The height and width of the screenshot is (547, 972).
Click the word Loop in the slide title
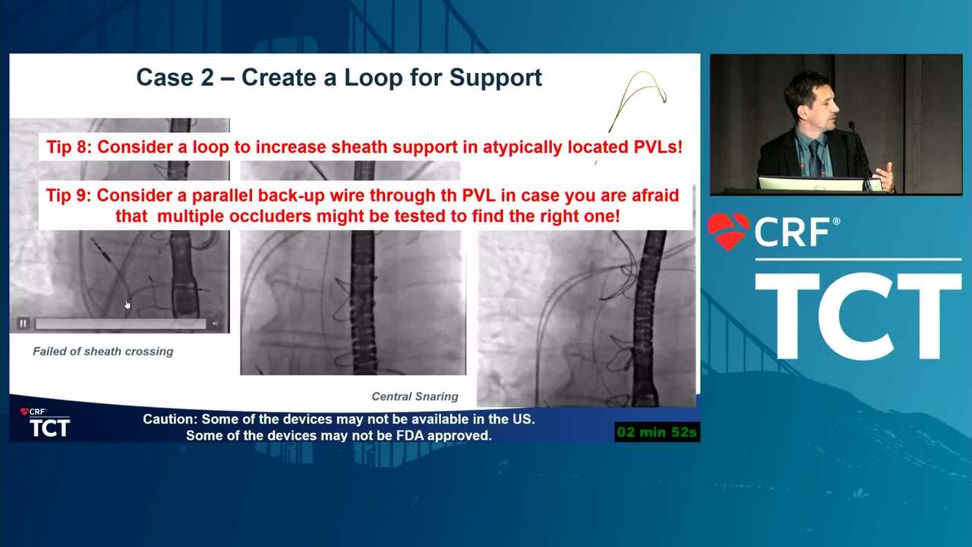[x=373, y=78]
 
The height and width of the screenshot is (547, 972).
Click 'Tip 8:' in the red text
[x=69, y=147]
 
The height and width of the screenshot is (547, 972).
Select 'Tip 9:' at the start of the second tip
[x=68, y=195]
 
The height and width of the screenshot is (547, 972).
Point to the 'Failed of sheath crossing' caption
[x=103, y=351]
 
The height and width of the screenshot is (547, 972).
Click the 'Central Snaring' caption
[x=415, y=397]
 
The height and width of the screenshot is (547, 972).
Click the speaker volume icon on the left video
[x=215, y=324]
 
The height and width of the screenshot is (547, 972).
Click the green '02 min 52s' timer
[x=657, y=432]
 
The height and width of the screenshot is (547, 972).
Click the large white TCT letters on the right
[x=858, y=316]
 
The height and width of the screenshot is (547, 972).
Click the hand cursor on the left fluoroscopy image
[x=127, y=305]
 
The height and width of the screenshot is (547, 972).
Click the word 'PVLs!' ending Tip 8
[x=658, y=147]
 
